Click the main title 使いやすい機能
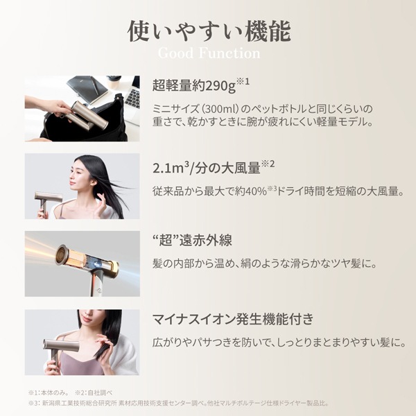(x=208, y=31)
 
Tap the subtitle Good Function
(x=208, y=53)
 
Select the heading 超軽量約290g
(x=197, y=87)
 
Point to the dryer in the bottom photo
(x=59, y=347)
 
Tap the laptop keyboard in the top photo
(x=132, y=97)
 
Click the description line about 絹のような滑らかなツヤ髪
(x=263, y=263)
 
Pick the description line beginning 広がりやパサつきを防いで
(x=277, y=343)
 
